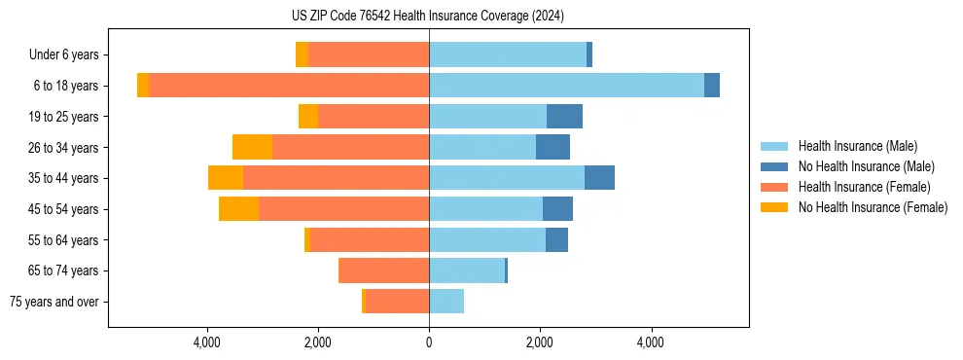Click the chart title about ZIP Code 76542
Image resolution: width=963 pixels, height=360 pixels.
point(428,17)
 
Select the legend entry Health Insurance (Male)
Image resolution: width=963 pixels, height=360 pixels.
point(856,147)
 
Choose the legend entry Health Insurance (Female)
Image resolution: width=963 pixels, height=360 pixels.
point(864,187)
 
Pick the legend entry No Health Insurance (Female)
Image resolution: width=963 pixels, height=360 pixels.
point(873,207)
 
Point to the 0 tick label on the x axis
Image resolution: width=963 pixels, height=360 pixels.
point(429,342)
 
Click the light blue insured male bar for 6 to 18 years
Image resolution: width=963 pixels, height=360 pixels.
point(566,86)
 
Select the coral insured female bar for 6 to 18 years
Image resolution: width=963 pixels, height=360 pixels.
point(289,86)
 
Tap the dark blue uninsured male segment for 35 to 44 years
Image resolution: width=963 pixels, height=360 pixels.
point(599,178)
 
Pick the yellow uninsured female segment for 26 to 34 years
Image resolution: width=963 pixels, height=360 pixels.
point(253,147)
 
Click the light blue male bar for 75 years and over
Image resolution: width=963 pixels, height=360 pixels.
point(446,302)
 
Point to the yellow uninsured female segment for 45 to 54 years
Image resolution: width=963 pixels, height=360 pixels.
point(239,209)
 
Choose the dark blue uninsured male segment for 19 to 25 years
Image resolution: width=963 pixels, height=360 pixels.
point(564,117)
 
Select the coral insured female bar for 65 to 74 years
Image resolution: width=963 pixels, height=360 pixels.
point(384,270)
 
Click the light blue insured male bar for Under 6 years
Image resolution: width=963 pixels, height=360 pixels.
point(508,55)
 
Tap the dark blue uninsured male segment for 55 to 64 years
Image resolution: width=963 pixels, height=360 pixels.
point(556,240)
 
